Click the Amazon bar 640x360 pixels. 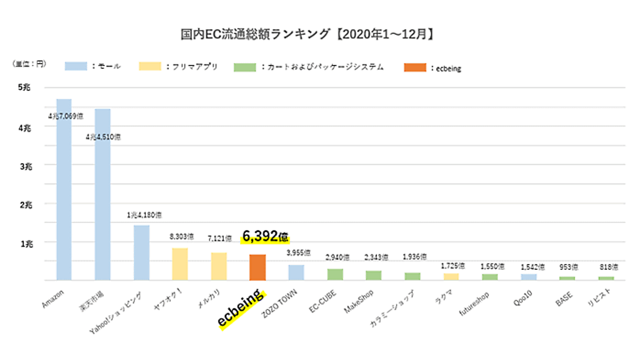coord(64,190)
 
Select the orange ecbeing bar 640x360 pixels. coord(257,267)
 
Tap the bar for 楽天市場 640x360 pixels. coord(103,195)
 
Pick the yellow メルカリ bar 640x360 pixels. coord(218,266)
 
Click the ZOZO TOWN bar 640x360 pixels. coord(296,272)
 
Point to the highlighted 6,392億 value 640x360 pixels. coord(265,236)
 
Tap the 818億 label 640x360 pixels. coord(609,267)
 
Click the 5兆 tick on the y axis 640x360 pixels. coord(25,88)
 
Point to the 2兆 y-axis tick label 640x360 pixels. coord(25,204)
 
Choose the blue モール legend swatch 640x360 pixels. coord(75,67)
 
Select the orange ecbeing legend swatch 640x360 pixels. coord(415,67)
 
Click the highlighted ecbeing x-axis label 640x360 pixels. coord(240,310)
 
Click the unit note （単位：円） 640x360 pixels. coord(29,64)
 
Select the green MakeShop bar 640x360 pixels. coord(373,275)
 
